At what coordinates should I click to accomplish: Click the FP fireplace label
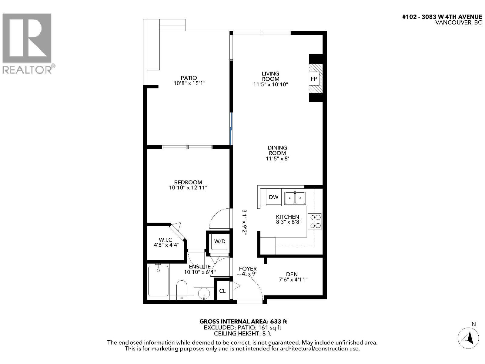314,79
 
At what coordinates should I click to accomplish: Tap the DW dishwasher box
273,197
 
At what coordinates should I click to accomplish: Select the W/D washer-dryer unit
220,241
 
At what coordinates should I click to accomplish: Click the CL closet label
222,291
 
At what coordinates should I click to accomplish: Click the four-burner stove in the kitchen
315,221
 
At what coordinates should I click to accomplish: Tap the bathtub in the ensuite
158,281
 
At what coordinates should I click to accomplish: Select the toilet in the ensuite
182,290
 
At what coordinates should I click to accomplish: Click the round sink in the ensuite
204,294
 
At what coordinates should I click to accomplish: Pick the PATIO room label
189,78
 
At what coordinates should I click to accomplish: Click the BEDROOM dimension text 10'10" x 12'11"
188,188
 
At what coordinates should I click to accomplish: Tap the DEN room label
292,274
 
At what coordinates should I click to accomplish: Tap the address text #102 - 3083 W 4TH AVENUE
442,17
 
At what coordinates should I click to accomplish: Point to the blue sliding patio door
231,129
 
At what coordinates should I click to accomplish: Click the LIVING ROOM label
270,76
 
